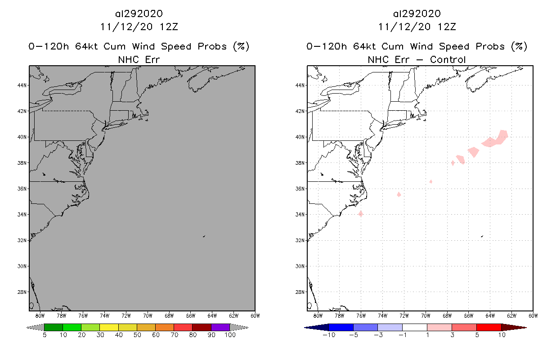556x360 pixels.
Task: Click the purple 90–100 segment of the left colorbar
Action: (220, 327)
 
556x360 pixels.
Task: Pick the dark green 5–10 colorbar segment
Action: (54, 327)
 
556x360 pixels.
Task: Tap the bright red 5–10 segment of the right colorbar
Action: (489, 327)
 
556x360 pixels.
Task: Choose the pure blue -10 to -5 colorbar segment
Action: (341, 327)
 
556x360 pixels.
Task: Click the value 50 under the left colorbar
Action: (137, 335)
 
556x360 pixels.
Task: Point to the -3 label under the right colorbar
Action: (377, 335)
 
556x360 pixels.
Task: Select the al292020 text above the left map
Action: (139, 14)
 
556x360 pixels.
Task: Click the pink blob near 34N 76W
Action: (360, 214)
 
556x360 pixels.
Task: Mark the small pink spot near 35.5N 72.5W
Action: (399, 194)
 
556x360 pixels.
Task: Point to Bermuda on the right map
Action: (482, 236)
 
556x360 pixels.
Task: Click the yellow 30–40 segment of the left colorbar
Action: (109, 327)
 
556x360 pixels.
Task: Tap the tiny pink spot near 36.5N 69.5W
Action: (431, 181)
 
